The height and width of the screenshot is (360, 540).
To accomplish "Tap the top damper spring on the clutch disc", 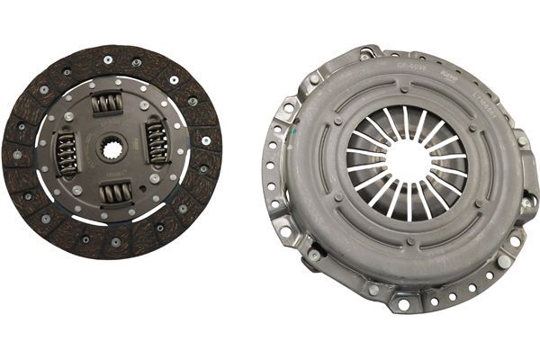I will tap(107, 103).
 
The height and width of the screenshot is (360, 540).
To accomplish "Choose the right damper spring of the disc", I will tap(157, 143).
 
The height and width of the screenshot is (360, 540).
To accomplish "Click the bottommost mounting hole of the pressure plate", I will tap(402, 304).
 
